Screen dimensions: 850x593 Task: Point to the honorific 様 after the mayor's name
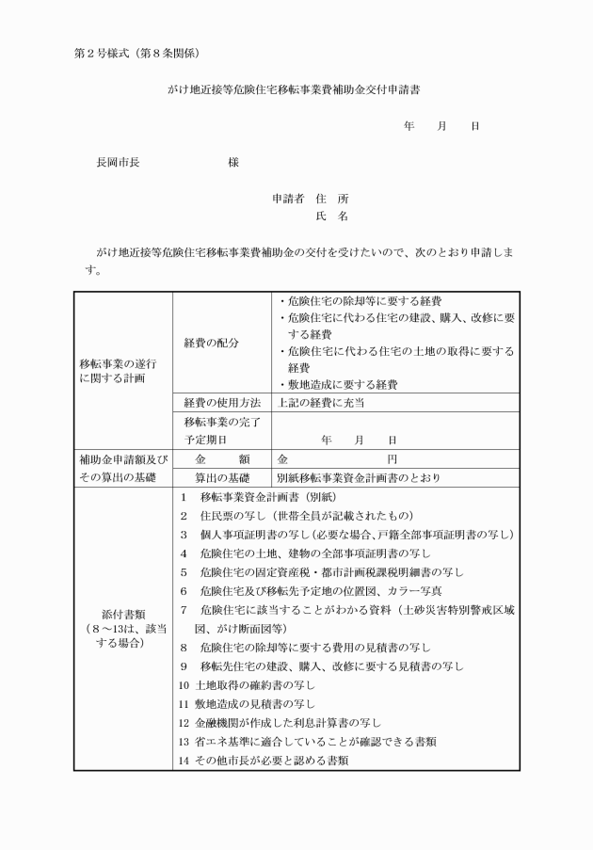tap(233, 163)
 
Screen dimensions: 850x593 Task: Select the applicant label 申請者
tap(288, 200)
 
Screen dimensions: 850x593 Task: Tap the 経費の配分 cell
tap(211, 343)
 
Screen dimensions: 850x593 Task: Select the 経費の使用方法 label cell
tap(221, 403)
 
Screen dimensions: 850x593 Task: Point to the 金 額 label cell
tap(221, 459)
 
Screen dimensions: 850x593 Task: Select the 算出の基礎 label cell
tap(221, 478)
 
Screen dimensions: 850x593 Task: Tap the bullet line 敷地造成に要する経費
tap(339, 385)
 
